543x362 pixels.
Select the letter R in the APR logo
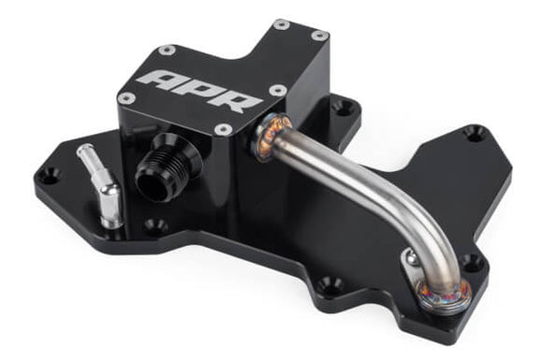tap(237, 99)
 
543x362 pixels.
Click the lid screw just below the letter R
tap(223, 129)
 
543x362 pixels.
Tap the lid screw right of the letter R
tap(278, 91)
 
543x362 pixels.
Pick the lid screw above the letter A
tap(167, 49)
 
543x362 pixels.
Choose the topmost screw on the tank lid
tap(281, 23)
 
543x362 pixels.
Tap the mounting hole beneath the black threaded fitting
tap(154, 224)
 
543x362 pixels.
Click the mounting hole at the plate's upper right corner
tap(476, 135)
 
